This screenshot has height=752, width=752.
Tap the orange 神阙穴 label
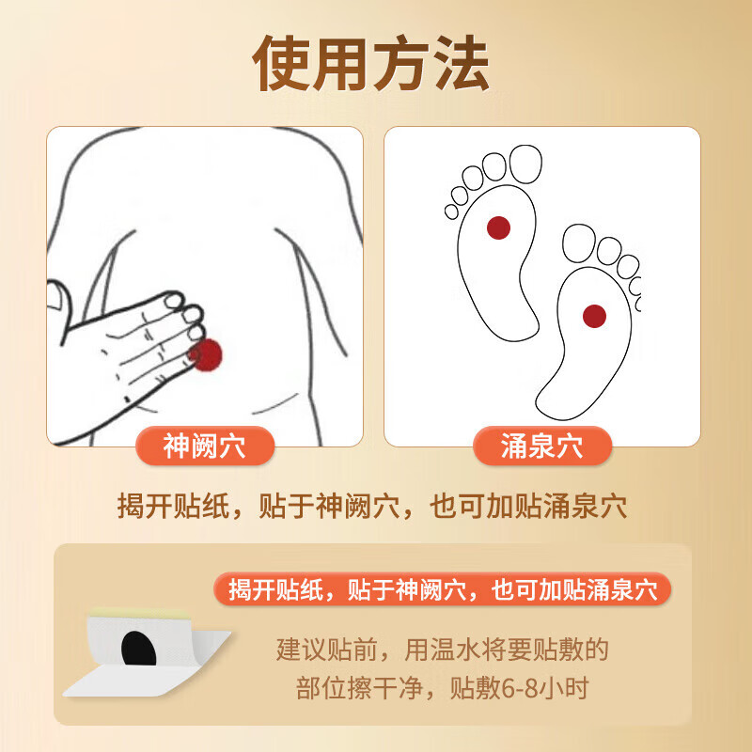pyautogui.click(x=204, y=446)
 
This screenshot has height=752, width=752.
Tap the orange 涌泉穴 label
pyautogui.click(x=541, y=446)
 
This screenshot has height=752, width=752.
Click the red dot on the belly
pyautogui.click(x=206, y=353)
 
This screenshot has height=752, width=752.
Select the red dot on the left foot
pyautogui.click(x=498, y=227)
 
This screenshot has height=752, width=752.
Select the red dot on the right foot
pyautogui.click(x=593, y=316)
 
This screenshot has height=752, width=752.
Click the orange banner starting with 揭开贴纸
pyautogui.click(x=443, y=589)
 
